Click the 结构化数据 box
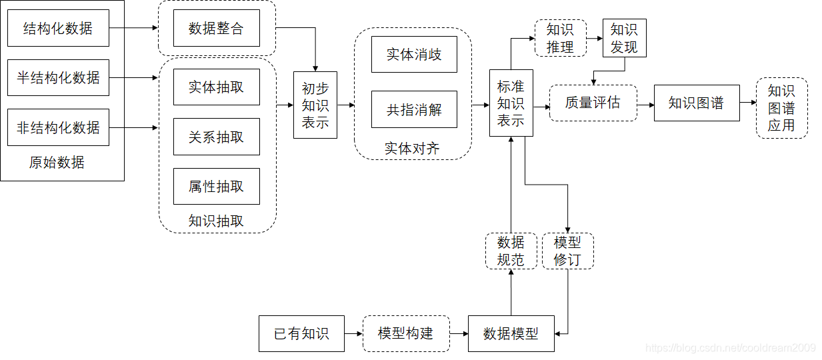coord(58,28)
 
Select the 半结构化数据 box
coord(58,77)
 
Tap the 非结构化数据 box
coord(58,127)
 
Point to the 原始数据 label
coord(57,163)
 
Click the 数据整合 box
coord(216,28)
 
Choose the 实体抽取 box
coord(216,87)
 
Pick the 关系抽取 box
coord(216,137)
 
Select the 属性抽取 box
coord(216,187)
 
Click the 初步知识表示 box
coord(315,105)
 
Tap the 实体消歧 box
coord(414,54)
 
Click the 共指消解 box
coord(414,109)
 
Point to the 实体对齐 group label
coord(412,148)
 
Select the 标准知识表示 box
coord(511,103)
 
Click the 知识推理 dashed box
coord(560,38)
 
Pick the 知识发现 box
coord(624,38)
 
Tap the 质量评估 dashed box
coord(593,103)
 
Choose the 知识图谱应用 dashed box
coord(781,108)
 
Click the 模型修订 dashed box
coord(567,251)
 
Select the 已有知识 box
coord(301,333)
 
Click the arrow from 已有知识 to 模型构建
coord(353,333)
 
